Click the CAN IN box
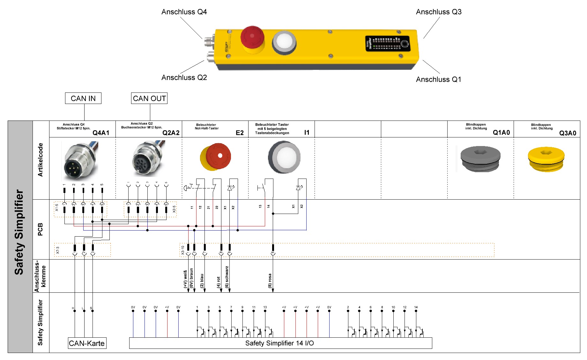(83, 98)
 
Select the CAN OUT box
(149, 98)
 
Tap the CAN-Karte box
(87, 343)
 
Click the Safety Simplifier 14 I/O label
(279, 343)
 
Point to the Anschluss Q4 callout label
(184, 12)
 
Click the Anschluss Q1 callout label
(438, 79)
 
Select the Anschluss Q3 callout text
(439, 12)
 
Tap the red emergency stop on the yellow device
(252, 38)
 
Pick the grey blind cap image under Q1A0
(480, 158)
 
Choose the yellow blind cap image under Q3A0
(546, 159)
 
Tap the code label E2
(240, 133)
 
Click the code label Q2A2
(171, 133)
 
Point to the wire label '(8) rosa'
(270, 281)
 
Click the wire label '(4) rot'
(219, 282)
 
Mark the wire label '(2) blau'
(202, 281)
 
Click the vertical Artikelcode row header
(41, 160)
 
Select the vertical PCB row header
(41, 229)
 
